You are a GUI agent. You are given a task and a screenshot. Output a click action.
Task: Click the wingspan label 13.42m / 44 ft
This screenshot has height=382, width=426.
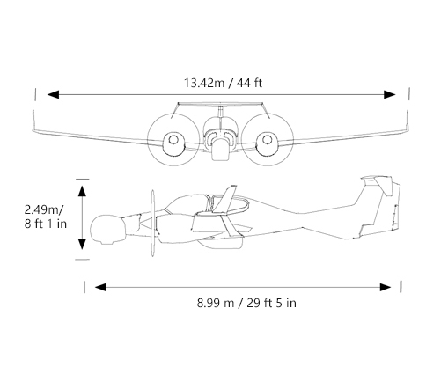click(223, 83)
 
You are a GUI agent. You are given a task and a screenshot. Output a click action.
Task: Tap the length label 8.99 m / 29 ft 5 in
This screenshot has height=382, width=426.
click(246, 303)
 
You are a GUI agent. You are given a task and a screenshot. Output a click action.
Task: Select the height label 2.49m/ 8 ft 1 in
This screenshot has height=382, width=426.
click(46, 217)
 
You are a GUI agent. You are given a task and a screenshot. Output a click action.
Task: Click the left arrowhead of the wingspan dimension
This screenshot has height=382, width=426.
click(53, 94)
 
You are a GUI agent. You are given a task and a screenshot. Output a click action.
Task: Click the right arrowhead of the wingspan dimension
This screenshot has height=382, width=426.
click(390, 94)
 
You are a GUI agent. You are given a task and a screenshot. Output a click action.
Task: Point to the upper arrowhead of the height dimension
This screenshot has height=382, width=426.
click(82, 191)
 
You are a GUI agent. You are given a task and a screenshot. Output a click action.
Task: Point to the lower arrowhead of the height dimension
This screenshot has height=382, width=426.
click(82, 244)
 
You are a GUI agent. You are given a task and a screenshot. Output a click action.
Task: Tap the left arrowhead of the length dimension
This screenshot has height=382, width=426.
click(100, 287)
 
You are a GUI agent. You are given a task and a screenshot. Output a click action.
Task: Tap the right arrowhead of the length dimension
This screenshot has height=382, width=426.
click(386, 287)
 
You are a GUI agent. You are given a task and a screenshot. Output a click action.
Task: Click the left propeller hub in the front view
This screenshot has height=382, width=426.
click(173, 140)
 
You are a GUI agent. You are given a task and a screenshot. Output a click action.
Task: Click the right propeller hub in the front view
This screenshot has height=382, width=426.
click(267, 140)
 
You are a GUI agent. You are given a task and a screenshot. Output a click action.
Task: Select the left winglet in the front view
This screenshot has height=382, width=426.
click(33, 121)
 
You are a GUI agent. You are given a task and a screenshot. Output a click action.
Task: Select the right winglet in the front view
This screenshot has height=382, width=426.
click(407, 121)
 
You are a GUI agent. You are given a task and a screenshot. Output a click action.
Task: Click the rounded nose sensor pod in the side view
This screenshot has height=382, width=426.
click(107, 230)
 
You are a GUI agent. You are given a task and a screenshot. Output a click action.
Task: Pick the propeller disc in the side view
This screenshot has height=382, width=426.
click(152, 223)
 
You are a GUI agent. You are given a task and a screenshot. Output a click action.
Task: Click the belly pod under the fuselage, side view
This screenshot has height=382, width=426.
click(220, 243)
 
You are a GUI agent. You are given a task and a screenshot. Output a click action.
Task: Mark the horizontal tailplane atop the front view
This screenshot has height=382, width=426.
click(220, 104)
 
